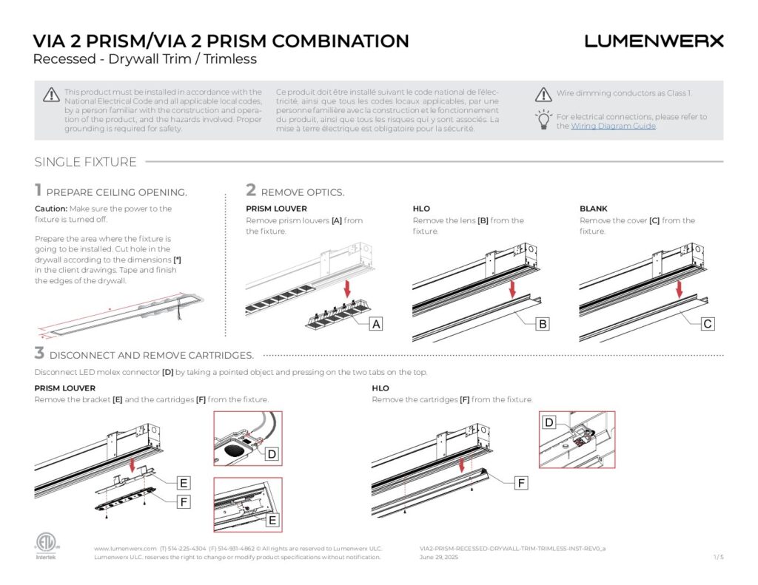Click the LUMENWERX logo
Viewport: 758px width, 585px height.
pos(654,41)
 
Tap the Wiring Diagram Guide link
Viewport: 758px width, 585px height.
pos(613,126)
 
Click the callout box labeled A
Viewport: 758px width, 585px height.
pos(376,324)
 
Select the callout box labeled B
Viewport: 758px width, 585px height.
pos(543,324)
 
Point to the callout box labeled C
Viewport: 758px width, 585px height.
pos(708,324)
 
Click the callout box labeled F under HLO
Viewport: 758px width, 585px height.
pos(521,483)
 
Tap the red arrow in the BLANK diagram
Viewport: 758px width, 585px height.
pos(679,290)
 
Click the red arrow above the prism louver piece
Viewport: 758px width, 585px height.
pos(347,285)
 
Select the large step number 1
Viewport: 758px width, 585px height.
pos(38,191)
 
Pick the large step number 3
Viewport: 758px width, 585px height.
pos(39,354)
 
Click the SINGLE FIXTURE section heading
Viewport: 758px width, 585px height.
pos(85,162)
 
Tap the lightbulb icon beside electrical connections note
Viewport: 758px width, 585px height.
pos(544,120)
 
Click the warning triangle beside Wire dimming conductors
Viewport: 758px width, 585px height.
pos(544,95)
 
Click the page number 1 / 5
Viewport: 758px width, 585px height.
pos(718,557)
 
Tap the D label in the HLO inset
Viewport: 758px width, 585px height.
pos(549,422)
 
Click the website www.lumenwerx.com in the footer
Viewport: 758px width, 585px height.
pos(125,548)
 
